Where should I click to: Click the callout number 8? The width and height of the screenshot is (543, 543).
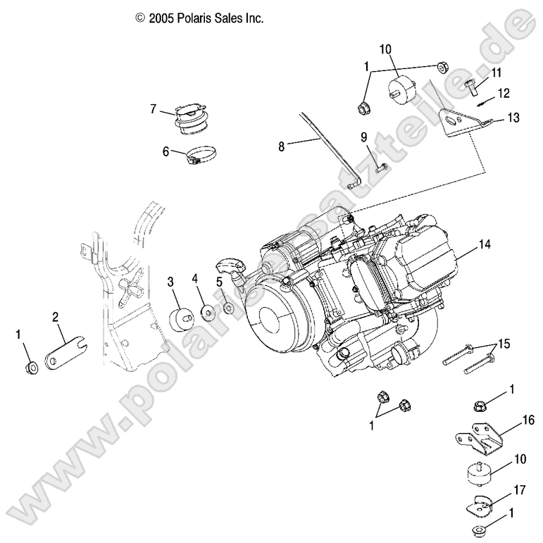(282, 146)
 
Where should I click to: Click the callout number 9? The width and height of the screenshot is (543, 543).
(366, 137)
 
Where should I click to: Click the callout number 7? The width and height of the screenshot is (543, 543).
(152, 108)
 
